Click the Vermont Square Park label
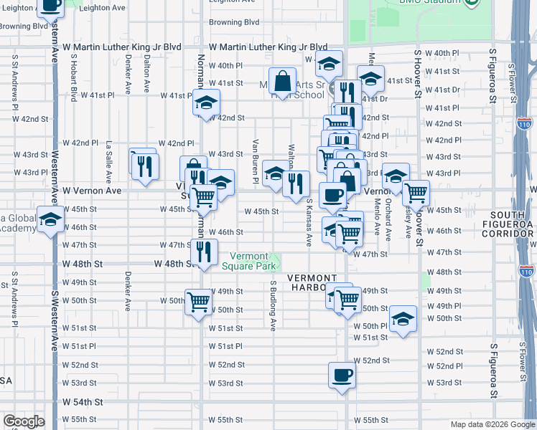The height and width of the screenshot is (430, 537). (248, 262)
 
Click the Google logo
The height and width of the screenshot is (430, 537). (24, 421)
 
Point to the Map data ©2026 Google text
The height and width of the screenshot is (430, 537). (492, 424)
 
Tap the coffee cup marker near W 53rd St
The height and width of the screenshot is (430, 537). (342, 375)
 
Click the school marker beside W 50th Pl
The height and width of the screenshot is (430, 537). (403, 319)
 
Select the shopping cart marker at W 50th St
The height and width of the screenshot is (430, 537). (199, 302)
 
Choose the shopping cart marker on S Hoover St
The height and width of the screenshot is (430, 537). (416, 193)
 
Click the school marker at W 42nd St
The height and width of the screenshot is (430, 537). (206, 102)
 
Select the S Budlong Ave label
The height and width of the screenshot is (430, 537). (273, 306)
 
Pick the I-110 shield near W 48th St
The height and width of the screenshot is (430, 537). (526, 272)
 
